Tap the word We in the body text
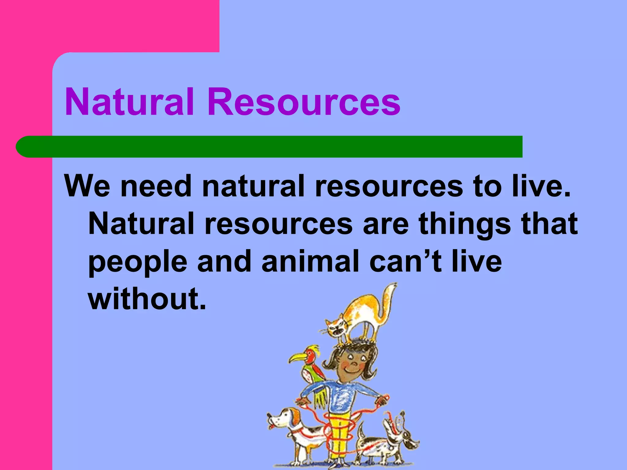[x=87, y=186]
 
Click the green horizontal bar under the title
[x=269, y=147]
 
